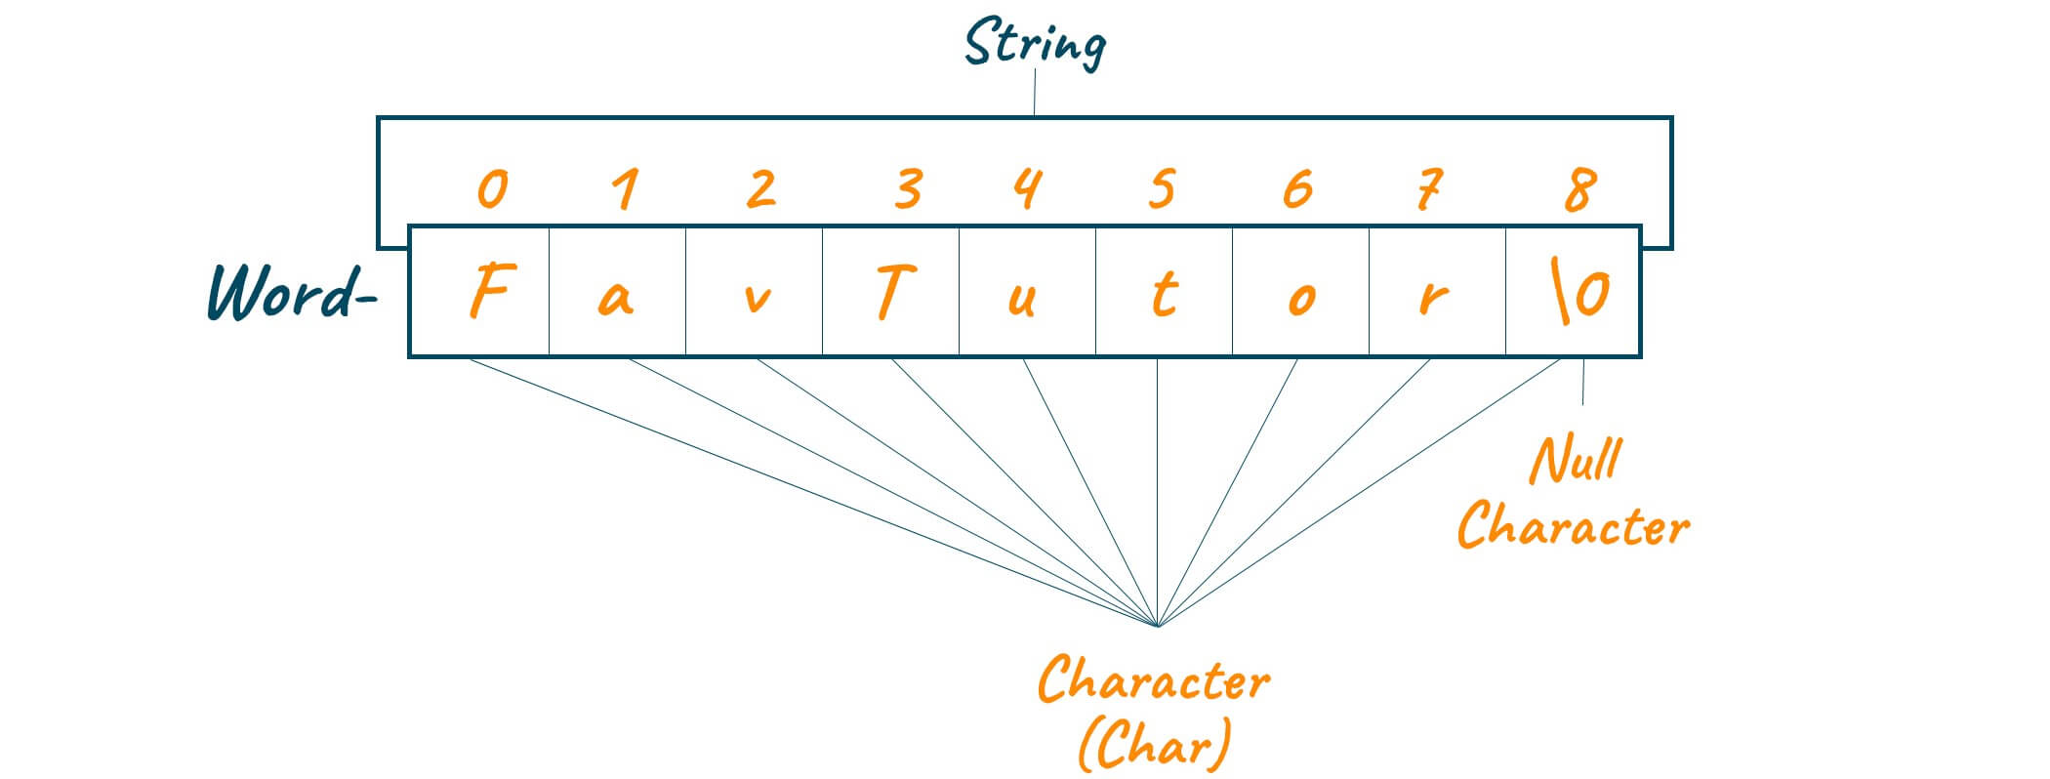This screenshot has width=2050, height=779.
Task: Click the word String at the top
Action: click(x=1035, y=44)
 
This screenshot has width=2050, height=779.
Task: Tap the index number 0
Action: click(x=492, y=188)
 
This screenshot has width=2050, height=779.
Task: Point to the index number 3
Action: click(x=908, y=188)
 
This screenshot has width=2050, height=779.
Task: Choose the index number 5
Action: click(x=1160, y=188)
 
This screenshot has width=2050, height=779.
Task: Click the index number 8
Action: click(x=1579, y=189)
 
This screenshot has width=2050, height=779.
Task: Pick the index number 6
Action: click(x=1297, y=188)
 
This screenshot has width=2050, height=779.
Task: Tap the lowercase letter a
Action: click(x=615, y=298)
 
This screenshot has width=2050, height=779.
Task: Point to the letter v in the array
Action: click(x=757, y=298)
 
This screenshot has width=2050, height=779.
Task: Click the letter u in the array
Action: click(x=1020, y=299)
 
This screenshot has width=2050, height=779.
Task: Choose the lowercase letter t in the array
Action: click(x=1162, y=293)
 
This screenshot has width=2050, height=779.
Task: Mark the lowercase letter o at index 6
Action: click(x=1299, y=299)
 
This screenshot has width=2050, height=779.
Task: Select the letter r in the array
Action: click(x=1431, y=299)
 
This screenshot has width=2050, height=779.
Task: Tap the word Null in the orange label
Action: click(x=1576, y=460)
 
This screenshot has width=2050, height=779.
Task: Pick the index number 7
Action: click(x=1429, y=188)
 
